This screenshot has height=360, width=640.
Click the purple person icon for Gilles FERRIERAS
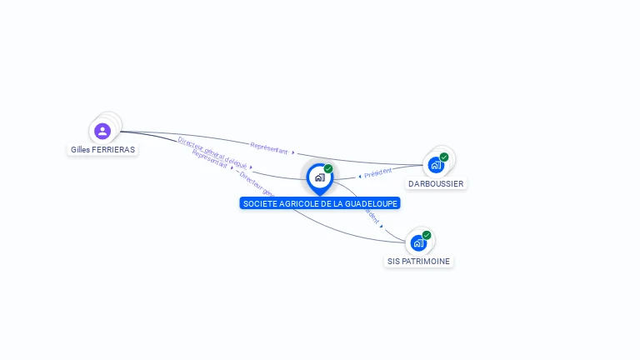102,131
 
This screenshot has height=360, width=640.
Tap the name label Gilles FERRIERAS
102,150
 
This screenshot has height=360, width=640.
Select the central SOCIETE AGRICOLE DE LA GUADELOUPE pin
319,177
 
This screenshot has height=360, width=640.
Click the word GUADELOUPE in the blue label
368,203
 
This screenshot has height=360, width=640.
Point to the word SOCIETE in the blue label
259,203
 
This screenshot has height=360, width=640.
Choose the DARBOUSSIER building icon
436,165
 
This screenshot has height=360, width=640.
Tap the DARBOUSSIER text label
436,183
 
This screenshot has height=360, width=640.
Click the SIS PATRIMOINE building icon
418,243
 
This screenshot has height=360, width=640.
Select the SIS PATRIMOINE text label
418,261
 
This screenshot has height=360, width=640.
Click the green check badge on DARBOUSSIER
444,157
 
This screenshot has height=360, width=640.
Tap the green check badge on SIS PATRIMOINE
427,235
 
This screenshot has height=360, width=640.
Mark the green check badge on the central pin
328,168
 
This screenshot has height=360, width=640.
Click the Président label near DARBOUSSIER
377,172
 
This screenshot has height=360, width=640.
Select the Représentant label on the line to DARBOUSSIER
269,148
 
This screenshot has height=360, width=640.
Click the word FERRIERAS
114,150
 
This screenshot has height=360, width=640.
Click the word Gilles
81,150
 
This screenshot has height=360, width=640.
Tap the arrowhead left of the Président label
359,176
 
